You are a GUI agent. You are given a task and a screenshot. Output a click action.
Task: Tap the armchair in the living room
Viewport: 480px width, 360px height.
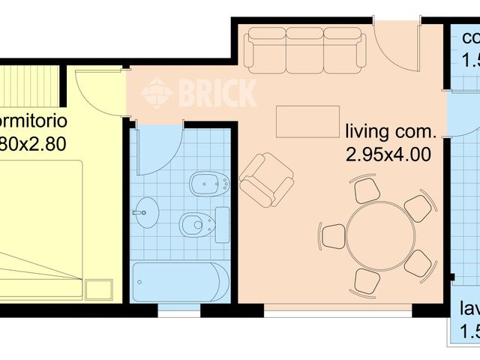pyautogui.click(x=266, y=179)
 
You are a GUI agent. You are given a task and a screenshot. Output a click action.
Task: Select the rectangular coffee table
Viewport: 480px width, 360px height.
pyautogui.click(x=301, y=121)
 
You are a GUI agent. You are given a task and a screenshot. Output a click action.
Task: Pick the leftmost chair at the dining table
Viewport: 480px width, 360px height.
pyautogui.click(x=332, y=235)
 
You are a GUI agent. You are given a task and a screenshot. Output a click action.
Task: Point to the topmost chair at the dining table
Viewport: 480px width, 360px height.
pyautogui.click(x=367, y=190)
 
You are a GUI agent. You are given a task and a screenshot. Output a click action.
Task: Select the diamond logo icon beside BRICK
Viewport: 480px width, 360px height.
pyautogui.click(x=157, y=94)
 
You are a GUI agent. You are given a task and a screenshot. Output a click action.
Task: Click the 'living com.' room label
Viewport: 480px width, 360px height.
pyautogui.click(x=390, y=133)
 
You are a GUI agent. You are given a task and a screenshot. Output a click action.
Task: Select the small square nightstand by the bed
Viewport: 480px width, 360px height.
pyautogui.click(x=98, y=289)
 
